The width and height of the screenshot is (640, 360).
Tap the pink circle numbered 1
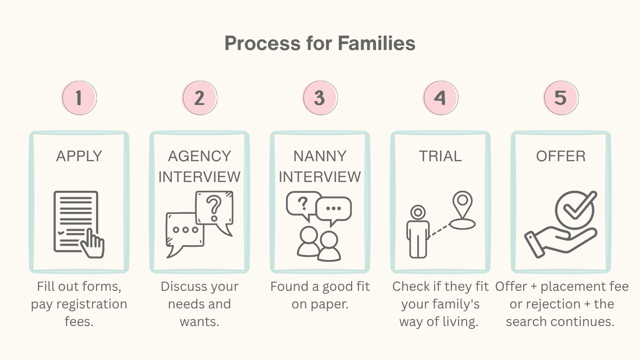click(x=79, y=98)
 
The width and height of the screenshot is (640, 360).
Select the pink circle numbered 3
click(x=320, y=98)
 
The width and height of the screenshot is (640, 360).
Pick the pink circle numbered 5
click(x=561, y=98)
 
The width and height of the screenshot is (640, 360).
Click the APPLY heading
click(x=79, y=156)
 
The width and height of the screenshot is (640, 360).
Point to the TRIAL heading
click(x=440, y=156)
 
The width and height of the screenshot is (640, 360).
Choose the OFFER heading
click(x=561, y=156)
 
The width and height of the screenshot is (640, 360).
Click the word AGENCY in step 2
click(x=200, y=156)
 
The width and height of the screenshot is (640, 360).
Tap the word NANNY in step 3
click(x=320, y=156)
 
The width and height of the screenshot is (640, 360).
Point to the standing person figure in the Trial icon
click(x=418, y=234)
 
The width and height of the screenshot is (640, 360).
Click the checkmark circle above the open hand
click(x=575, y=209)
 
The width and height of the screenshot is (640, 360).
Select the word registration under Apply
click(x=92, y=304)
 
